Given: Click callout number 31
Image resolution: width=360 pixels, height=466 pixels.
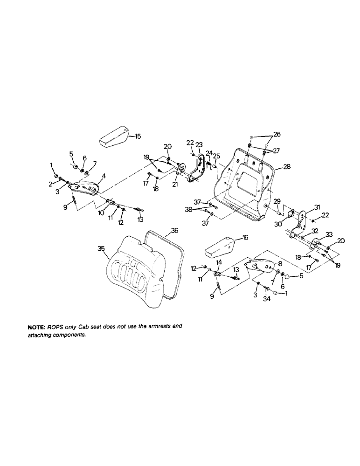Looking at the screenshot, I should (304, 207).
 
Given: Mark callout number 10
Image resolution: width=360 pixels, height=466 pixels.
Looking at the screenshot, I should (101, 212).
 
